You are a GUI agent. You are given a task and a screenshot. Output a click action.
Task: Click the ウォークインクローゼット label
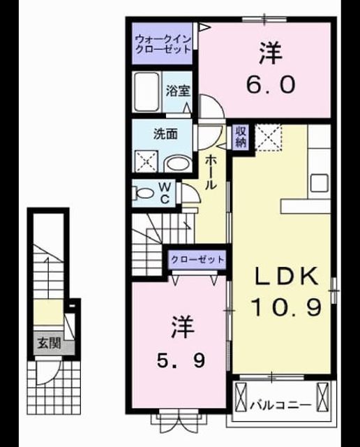coord(163,44)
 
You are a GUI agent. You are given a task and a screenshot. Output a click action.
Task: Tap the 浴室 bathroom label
coord(178,91)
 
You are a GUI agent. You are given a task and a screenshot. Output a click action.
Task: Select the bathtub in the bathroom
coord(147,91)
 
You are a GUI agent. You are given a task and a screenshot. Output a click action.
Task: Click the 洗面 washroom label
coord(165,134)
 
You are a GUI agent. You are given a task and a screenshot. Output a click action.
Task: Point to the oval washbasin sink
coord(177,164)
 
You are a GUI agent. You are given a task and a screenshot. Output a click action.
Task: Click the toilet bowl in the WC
coord(144,193)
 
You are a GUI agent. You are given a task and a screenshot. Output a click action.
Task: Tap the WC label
coord(165,193)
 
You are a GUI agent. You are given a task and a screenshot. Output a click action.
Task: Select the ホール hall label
coord(211,173)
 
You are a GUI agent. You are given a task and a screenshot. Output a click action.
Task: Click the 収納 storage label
coord(241,136)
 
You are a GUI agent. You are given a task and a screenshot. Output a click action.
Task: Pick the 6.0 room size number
coord(271,85)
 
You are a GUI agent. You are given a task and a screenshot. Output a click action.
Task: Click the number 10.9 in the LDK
coord(287,307)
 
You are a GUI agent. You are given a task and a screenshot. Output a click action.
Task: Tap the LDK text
coord(286,276)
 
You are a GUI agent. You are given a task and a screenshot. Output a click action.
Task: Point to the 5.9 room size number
coord(181,362)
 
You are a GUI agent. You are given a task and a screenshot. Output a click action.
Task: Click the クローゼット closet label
coord(197,260)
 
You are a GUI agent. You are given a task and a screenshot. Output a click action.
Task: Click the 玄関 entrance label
coord(50,343)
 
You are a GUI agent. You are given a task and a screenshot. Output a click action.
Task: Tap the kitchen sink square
coord(319,183)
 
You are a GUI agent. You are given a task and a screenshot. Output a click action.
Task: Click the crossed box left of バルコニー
coord(241,397)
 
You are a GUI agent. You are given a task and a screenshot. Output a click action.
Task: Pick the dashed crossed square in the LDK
coord(268,138)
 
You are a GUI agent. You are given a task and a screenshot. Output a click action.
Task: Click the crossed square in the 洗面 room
coord(146,161)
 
